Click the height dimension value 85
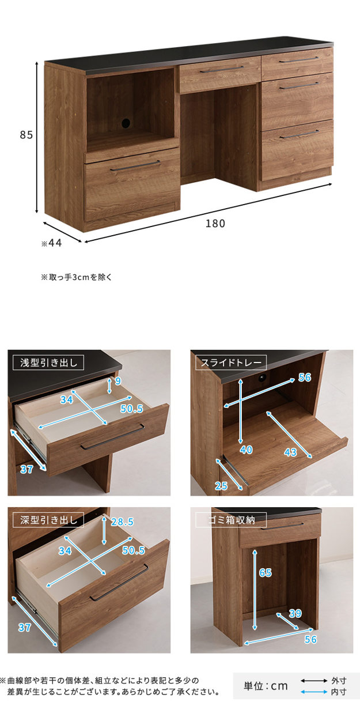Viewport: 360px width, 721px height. click(x=26, y=134)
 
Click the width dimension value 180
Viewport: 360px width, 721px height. click(x=215, y=224)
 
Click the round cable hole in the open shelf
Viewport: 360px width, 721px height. click(x=126, y=123)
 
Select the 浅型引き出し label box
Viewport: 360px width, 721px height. click(x=48, y=363)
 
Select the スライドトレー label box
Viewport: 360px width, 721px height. click(x=231, y=363)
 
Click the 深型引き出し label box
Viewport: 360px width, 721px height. click(x=48, y=520)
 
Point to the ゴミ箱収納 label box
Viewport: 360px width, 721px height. click(x=231, y=520)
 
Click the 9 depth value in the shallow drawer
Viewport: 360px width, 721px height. click(x=118, y=381)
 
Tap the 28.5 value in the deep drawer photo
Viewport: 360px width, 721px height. click(x=122, y=522)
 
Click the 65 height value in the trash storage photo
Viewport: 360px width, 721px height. click(x=266, y=573)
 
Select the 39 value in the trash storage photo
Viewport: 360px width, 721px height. click(x=295, y=613)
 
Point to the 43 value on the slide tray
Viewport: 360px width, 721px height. click(x=290, y=452)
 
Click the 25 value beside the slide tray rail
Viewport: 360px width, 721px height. click(x=221, y=486)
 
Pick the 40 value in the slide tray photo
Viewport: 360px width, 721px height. click(x=246, y=450)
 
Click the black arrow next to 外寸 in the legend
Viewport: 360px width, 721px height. click(x=314, y=681)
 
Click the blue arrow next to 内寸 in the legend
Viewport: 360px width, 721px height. click(x=314, y=692)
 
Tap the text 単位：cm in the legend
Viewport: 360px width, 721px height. click(x=266, y=686)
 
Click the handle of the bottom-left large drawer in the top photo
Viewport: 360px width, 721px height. click(x=135, y=165)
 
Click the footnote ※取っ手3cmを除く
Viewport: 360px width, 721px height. click(x=76, y=277)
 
